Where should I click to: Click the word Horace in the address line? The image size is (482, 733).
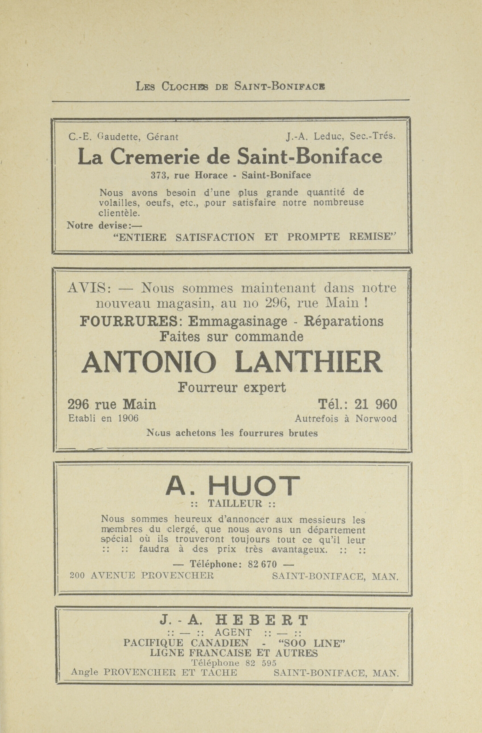[211, 175]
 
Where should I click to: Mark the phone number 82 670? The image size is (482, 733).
[262, 564]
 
